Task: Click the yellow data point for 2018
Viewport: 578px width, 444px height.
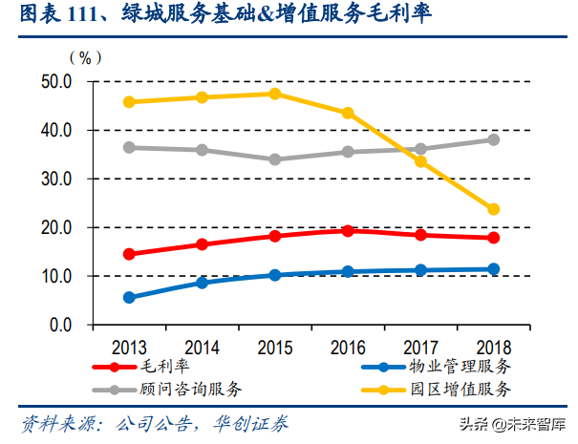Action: coord(494,209)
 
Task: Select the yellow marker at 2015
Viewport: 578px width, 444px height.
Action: coord(275,94)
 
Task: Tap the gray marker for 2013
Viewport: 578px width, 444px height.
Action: coord(129,147)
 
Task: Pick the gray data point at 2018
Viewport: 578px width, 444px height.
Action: coord(494,139)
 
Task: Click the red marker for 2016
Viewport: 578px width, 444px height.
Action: coord(348,230)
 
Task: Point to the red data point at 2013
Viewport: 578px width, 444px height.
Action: coord(129,254)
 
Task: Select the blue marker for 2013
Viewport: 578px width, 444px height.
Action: coord(129,297)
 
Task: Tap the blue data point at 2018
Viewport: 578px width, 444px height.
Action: coord(494,269)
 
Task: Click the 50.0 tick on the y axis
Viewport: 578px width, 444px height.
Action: coord(56,81)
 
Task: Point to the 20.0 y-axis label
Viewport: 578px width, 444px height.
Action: coord(56,227)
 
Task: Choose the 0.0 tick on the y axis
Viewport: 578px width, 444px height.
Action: coord(61,326)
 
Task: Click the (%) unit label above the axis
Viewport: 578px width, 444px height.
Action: coord(85,57)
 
